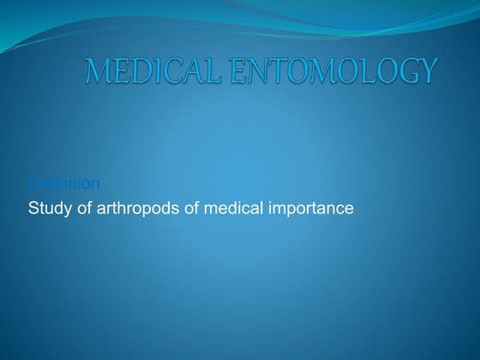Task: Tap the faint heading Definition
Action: (x=64, y=183)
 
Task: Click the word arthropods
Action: (x=135, y=207)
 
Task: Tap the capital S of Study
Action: (x=33, y=207)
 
